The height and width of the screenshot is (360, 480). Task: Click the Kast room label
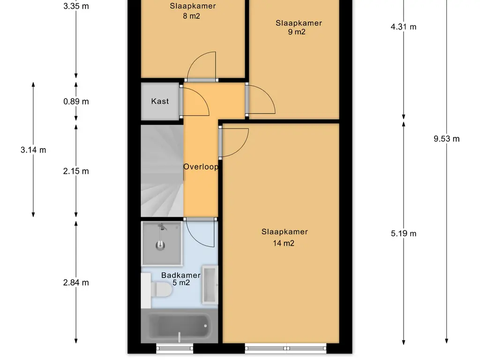coord(160,101)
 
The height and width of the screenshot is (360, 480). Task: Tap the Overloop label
coord(201,167)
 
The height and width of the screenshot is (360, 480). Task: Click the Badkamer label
coord(181,275)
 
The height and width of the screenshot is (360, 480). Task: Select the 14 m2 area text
coord(284,243)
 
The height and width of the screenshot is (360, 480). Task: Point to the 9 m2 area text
coord(296,32)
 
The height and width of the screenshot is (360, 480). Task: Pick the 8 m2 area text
coord(192,16)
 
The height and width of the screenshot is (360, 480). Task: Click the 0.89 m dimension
coord(76,102)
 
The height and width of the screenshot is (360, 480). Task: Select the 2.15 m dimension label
coord(76,172)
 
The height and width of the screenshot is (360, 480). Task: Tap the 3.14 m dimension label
coord(33,150)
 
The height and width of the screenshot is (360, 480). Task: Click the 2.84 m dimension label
coord(76,283)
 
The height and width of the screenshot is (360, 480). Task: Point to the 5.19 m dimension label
coord(404,233)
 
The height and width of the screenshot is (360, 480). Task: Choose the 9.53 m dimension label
coord(447,139)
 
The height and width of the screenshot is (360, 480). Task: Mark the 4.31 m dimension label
coord(404,27)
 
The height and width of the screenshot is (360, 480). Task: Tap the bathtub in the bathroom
coord(180,326)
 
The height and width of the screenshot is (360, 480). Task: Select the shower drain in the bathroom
coord(160,245)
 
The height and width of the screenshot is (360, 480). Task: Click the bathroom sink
coord(210,285)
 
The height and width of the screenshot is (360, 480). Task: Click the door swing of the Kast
coord(195,102)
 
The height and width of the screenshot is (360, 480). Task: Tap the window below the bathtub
coord(175,348)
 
